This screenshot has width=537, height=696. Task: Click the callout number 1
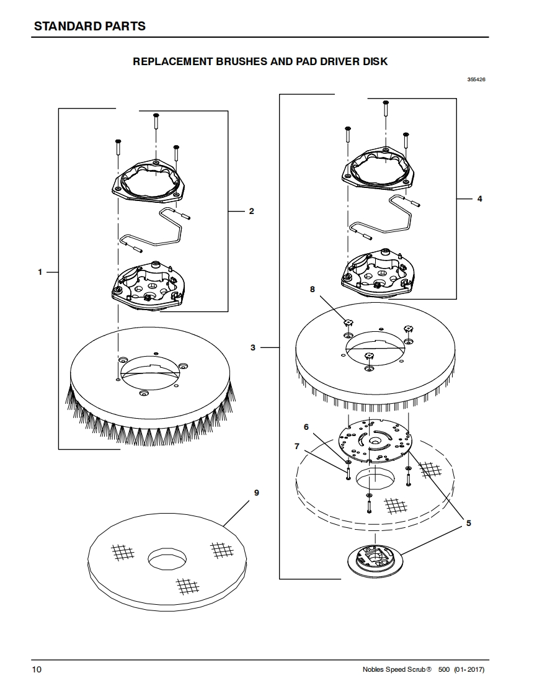point(40,272)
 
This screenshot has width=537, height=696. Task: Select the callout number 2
point(251,212)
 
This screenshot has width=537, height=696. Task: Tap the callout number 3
point(253,347)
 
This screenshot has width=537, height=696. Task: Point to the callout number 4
point(479,199)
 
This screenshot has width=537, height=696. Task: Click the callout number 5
point(469,523)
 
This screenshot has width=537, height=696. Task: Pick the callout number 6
point(306,427)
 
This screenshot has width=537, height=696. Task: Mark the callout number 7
point(297,445)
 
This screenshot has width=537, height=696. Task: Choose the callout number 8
point(313,289)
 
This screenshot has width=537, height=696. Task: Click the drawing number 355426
point(476,79)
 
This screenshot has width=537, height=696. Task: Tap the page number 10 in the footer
point(38,670)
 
